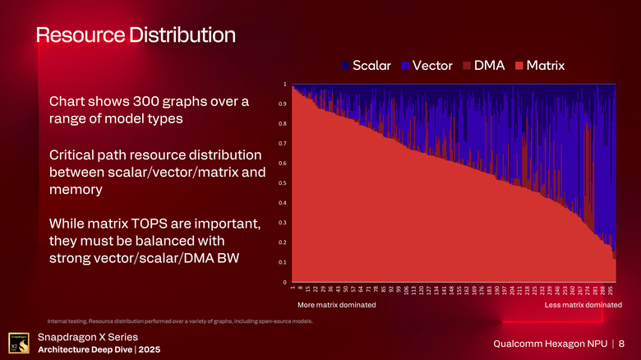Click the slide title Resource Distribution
point(135,35)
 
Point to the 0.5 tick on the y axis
point(282,183)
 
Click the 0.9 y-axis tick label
point(282,104)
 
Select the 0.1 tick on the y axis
point(282,262)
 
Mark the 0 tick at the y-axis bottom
point(284,282)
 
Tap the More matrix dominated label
point(336,305)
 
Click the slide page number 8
point(622,343)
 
